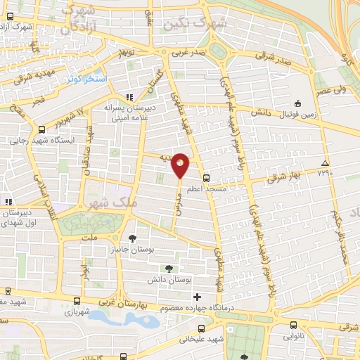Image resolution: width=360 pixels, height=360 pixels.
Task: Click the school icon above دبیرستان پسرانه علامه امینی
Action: pos(129,97)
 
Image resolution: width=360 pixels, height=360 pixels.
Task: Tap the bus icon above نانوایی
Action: pos(295,325)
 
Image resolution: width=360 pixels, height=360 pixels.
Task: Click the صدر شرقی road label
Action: pos(278,60)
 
